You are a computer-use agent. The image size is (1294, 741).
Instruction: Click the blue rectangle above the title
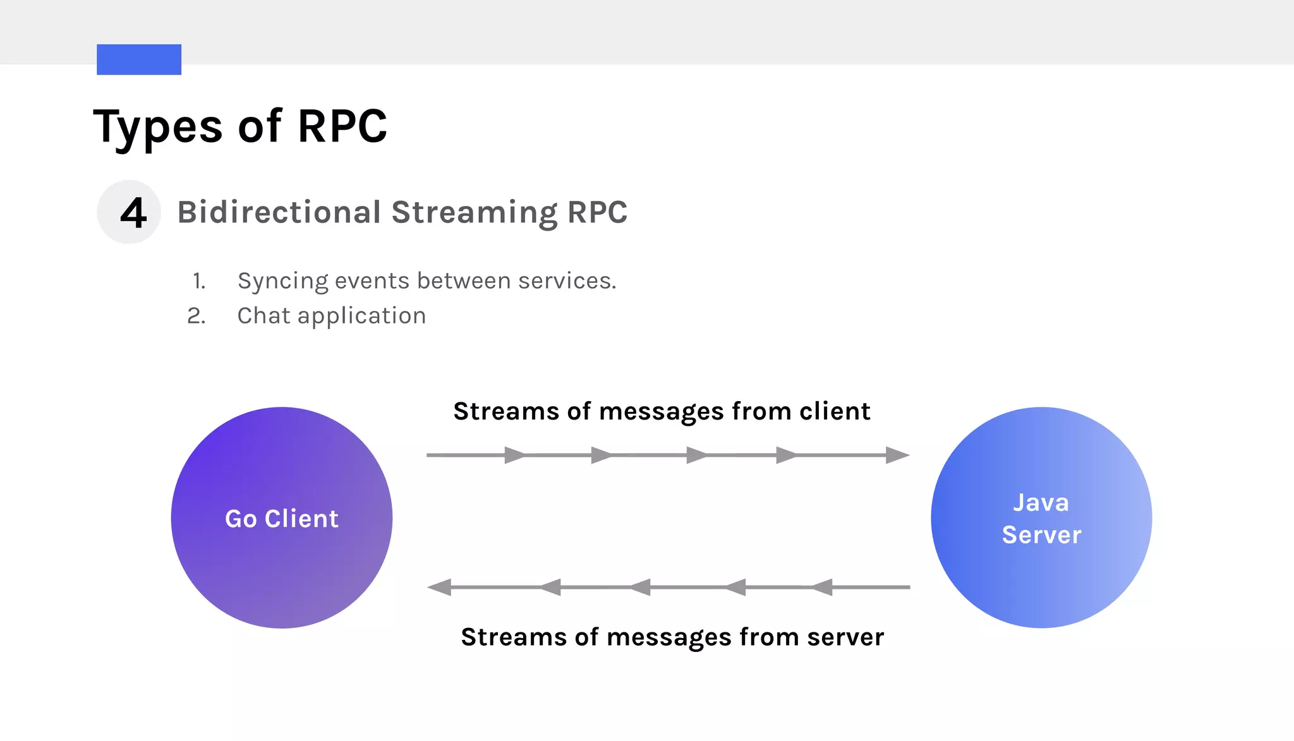click(139, 59)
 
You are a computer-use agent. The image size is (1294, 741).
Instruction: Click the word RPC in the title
click(342, 126)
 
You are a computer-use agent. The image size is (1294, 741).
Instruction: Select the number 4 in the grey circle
click(133, 213)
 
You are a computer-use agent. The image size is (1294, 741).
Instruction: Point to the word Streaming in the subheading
click(475, 213)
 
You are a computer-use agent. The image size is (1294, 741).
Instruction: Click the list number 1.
click(200, 281)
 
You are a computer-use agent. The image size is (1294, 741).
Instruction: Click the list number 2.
click(197, 316)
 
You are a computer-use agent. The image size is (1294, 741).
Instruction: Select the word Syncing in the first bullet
click(282, 281)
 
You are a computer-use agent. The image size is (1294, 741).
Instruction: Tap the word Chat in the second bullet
click(263, 315)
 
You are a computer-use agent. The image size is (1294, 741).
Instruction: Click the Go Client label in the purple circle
click(282, 519)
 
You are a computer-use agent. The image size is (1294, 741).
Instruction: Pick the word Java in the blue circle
click(1041, 503)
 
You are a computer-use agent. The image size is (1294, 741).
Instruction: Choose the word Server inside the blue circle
click(1041, 535)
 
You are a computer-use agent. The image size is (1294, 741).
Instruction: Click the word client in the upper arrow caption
click(835, 411)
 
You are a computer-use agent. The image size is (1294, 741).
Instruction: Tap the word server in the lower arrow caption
click(845, 637)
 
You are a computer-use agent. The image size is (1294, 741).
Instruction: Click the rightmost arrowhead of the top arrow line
click(897, 455)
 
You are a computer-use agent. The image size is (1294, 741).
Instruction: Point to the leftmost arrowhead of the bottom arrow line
click(440, 587)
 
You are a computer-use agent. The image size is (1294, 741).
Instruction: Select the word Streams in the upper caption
click(506, 411)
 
